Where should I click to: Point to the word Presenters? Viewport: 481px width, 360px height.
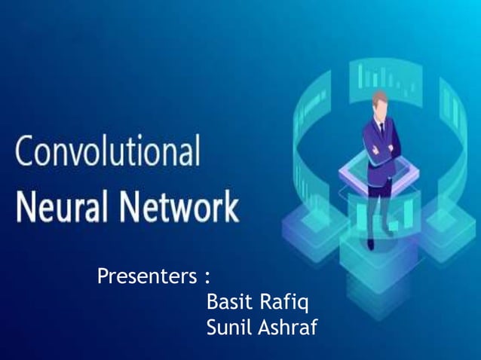click(x=148, y=277)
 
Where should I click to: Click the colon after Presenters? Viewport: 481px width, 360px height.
click(x=207, y=277)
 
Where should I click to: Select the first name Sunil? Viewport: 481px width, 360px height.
click(x=229, y=328)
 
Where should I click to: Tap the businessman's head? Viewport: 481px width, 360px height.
click(x=380, y=104)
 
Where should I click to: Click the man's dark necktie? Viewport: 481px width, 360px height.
click(x=381, y=130)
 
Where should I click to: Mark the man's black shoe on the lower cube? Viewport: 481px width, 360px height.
click(x=370, y=243)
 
